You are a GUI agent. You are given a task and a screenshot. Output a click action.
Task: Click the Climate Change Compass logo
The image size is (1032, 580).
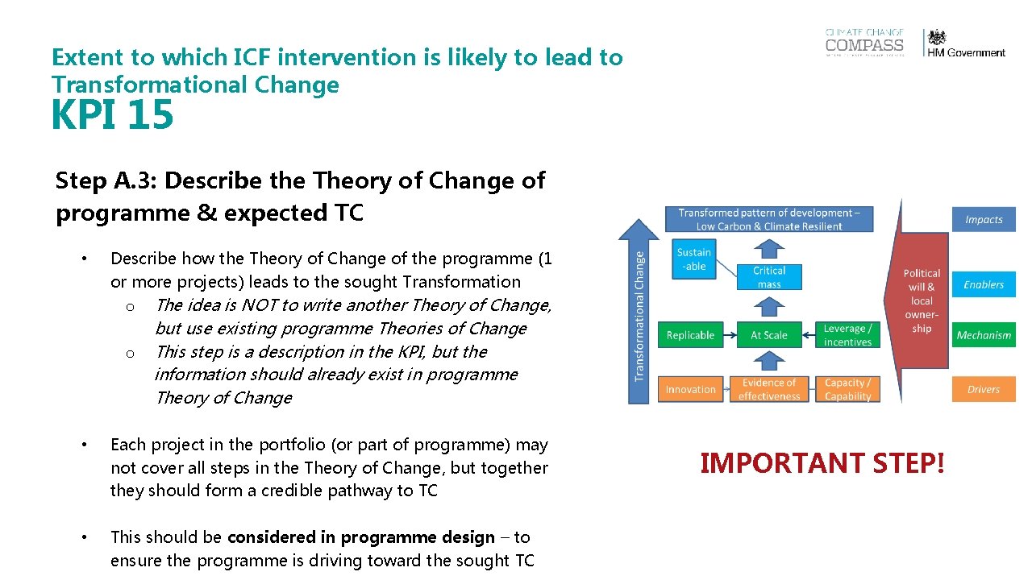[x=864, y=43]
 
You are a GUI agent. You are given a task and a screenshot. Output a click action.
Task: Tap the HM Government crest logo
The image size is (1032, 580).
[x=966, y=43]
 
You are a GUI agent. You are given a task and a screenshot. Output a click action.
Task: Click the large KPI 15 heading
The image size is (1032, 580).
[x=112, y=114]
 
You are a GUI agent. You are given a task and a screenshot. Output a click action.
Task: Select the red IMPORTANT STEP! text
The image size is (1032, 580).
[x=822, y=463]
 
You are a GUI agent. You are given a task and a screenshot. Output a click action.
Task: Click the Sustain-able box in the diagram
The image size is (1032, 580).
[x=693, y=259]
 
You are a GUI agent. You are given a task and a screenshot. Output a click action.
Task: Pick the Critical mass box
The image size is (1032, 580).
[x=768, y=277]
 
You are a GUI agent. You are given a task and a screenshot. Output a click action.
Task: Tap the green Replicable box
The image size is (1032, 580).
[x=690, y=335]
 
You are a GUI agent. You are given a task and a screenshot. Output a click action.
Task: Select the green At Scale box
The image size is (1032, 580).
[x=768, y=335]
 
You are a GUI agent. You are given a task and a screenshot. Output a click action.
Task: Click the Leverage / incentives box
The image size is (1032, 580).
[x=847, y=335]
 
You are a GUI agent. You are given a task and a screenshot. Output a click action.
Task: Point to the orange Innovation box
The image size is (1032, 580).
[x=690, y=389]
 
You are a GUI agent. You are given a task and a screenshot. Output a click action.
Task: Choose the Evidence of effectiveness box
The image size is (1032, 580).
[x=768, y=389]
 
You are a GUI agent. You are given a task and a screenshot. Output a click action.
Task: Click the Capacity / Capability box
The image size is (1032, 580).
[x=847, y=389]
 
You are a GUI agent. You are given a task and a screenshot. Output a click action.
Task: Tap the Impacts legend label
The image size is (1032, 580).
[x=984, y=219]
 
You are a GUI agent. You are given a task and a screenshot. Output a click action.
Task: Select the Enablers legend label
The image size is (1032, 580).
[x=984, y=284]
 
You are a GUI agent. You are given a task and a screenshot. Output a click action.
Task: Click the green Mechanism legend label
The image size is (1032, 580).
[x=984, y=335]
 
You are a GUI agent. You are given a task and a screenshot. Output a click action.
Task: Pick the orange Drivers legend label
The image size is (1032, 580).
[x=984, y=389]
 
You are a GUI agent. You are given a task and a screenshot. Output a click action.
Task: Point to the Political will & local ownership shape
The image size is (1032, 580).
[x=921, y=300]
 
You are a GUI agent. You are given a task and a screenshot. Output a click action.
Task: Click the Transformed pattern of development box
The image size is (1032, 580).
[x=768, y=219]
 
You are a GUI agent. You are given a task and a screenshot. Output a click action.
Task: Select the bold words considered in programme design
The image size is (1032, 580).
[x=361, y=537]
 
